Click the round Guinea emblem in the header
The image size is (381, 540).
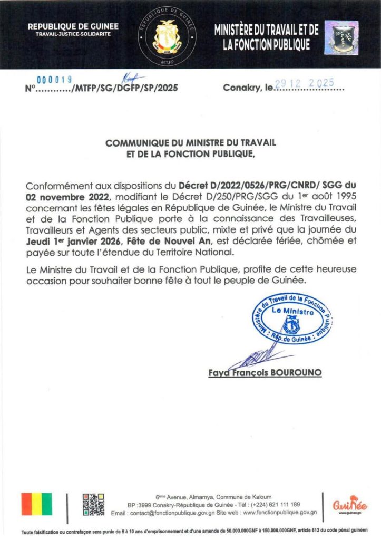point(168,36)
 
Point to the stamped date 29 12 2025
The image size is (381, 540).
point(308,83)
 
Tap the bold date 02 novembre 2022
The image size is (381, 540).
point(62,195)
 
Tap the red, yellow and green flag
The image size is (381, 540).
point(37,504)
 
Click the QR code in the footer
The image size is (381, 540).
point(93,504)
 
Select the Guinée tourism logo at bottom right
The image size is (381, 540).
point(350,505)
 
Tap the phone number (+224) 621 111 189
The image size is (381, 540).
point(274,504)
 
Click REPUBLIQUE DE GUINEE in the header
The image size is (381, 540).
point(73,26)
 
